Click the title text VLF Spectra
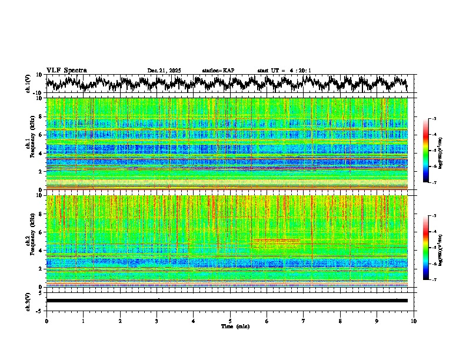[66, 71]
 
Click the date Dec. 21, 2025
[164, 71]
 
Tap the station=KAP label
[218, 71]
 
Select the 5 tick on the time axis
[230, 321]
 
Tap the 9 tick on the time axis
[377, 321]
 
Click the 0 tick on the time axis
[46, 321]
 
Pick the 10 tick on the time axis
[414, 321]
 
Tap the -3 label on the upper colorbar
[434, 119]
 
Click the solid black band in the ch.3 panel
[227, 301]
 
